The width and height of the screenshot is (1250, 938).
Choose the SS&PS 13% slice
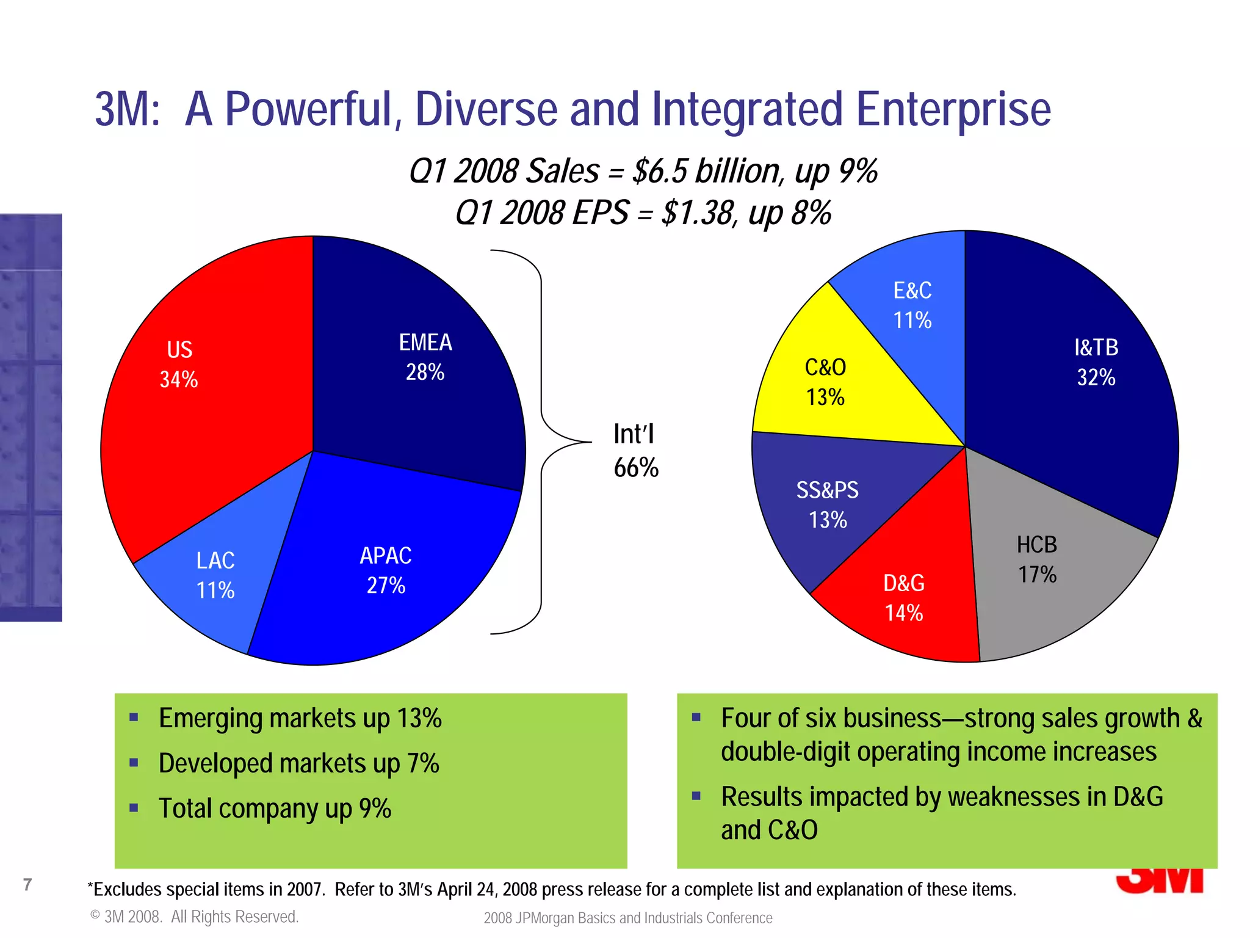[830, 507]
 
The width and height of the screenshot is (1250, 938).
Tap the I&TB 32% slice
[1093, 366]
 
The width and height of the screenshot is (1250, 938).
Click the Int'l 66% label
[635, 451]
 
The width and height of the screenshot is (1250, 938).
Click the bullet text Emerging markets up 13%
[300, 718]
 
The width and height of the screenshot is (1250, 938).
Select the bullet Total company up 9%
[275, 809]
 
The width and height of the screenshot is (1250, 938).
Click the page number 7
[27, 884]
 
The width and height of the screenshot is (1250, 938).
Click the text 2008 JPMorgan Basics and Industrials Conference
[628, 918]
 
